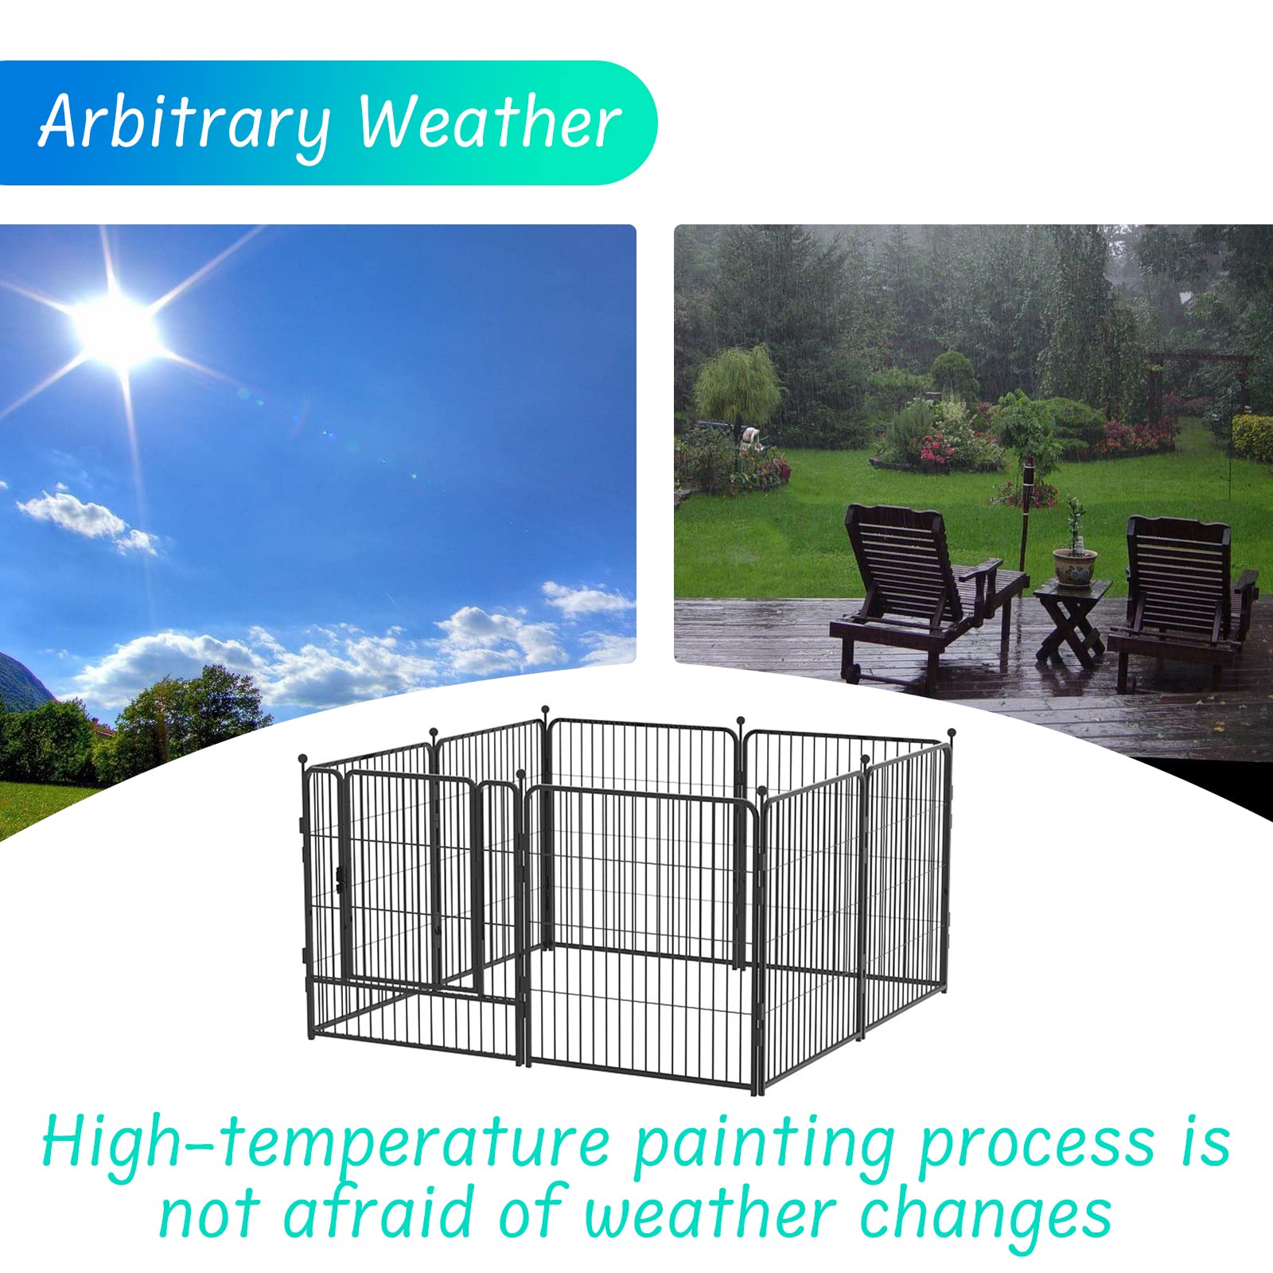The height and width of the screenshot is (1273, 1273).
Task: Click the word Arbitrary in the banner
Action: point(185,124)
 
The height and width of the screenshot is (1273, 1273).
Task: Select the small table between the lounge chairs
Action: point(1072,621)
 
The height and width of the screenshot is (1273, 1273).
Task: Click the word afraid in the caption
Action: point(380,1212)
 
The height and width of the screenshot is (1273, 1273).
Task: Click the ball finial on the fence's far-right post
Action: point(951,733)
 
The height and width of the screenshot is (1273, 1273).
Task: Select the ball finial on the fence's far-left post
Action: point(302,758)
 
